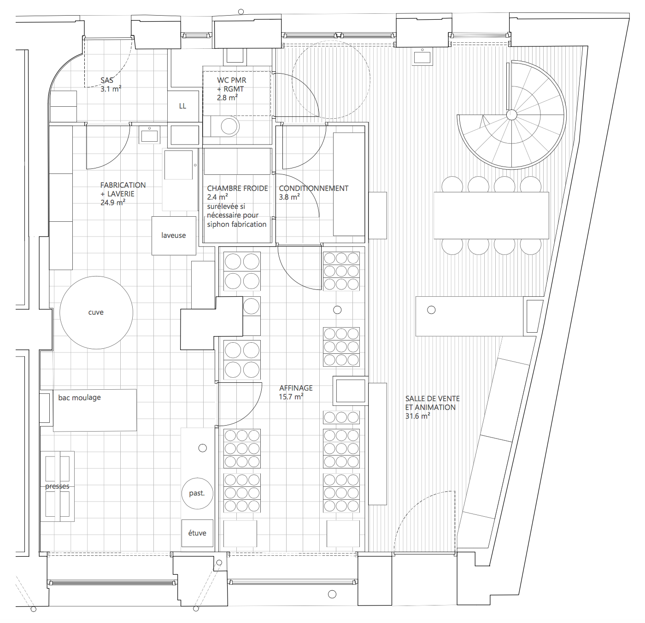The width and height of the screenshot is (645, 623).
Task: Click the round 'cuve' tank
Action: (96, 312)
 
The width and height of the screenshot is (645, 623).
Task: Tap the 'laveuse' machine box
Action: (174, 236)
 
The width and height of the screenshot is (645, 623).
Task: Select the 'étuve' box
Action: (197, 533)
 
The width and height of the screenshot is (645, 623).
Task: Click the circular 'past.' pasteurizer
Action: (197, 493)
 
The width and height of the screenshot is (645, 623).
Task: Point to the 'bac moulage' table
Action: (94, 410)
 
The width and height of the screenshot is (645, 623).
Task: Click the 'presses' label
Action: (57, 486)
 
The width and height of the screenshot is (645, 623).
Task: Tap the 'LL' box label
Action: (183, 106)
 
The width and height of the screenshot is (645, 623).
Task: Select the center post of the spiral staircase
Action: (511, 115)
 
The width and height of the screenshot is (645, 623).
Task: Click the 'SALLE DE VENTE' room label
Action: (432, 399)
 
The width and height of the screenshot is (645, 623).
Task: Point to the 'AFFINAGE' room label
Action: (296, 388)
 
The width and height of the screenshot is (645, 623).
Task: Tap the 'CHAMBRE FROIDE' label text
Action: (237, 189)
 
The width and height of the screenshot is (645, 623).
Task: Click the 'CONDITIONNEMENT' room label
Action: (313, 189)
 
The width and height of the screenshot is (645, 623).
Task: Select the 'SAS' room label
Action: (107, 81)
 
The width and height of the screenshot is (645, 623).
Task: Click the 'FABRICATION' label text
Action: (123, 185)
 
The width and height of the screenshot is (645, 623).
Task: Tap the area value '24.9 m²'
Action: (112, 203)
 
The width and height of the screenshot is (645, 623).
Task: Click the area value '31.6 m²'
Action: (417, 416)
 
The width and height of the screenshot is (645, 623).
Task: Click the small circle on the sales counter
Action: (431, 310)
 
